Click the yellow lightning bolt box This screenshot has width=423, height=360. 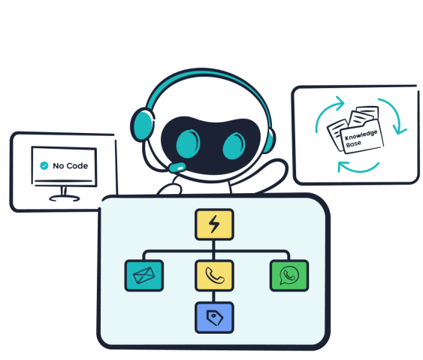pos(214,224)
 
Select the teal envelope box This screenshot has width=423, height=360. pos(144,276)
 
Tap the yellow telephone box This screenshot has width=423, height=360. pos(214,276)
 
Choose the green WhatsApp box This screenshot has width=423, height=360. pos(289,276)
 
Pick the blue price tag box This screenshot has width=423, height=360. pos(214,318)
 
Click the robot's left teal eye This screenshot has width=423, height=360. pos(188,144)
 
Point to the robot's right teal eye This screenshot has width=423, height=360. pos(234,147)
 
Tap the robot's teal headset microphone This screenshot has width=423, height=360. pos(177,168)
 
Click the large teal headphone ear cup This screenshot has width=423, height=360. pos(143,125)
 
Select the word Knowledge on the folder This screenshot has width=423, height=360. pos(361,135)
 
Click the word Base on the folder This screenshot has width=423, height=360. pos(353,144)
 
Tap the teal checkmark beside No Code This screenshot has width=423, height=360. pos(44,165)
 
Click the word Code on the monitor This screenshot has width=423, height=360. pos(77,165)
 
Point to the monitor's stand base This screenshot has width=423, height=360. pos(64,198)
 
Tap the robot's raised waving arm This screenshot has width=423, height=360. pos(267,174)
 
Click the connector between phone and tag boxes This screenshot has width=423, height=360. pos(213,297)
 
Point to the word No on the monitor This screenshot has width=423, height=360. pos(59,165)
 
